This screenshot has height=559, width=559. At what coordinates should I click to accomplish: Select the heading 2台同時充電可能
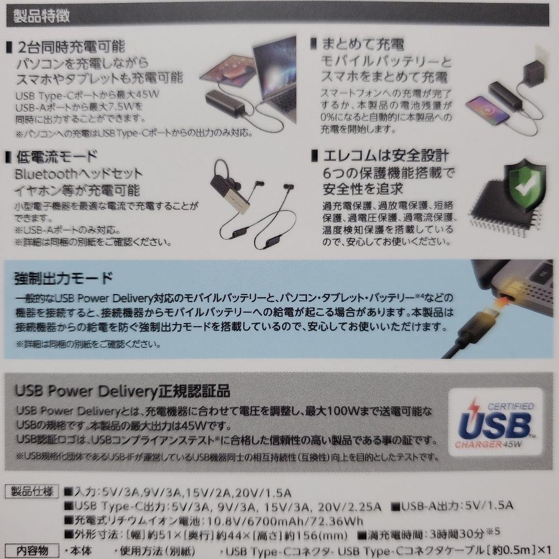coord(71,48)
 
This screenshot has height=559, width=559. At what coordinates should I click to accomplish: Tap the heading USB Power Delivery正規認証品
coord(123,389)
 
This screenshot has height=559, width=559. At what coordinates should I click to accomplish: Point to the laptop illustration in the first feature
coord(269,78)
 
